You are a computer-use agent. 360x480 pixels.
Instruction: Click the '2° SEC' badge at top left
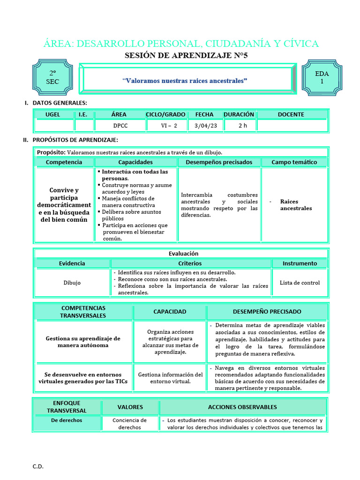52,77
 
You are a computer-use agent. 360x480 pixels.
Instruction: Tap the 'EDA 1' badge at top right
322,77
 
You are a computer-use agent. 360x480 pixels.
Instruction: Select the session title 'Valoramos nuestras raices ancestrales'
185,81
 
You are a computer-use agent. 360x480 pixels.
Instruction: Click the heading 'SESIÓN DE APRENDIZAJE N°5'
186,55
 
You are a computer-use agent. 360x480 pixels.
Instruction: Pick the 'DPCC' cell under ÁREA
120,126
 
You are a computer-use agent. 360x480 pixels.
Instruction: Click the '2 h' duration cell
242,126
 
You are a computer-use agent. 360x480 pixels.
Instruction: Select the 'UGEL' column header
52,114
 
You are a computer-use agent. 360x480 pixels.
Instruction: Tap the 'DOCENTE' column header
291,114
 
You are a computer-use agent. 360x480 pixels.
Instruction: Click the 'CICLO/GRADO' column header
165,114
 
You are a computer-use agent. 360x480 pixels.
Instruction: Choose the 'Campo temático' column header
294,162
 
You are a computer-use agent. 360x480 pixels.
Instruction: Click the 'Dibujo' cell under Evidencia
72,283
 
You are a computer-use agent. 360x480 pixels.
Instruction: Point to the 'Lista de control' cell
300,283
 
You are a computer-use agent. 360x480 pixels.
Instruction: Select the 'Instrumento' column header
300,263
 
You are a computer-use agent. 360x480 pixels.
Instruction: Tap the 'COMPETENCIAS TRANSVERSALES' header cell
83,312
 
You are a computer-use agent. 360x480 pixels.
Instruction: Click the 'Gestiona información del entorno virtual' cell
170,378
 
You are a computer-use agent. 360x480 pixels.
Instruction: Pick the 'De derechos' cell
67,420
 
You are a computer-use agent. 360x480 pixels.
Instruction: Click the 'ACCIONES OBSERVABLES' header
242,407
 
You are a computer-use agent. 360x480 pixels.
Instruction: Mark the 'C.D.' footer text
38,466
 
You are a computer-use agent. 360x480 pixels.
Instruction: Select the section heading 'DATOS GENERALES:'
59,103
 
